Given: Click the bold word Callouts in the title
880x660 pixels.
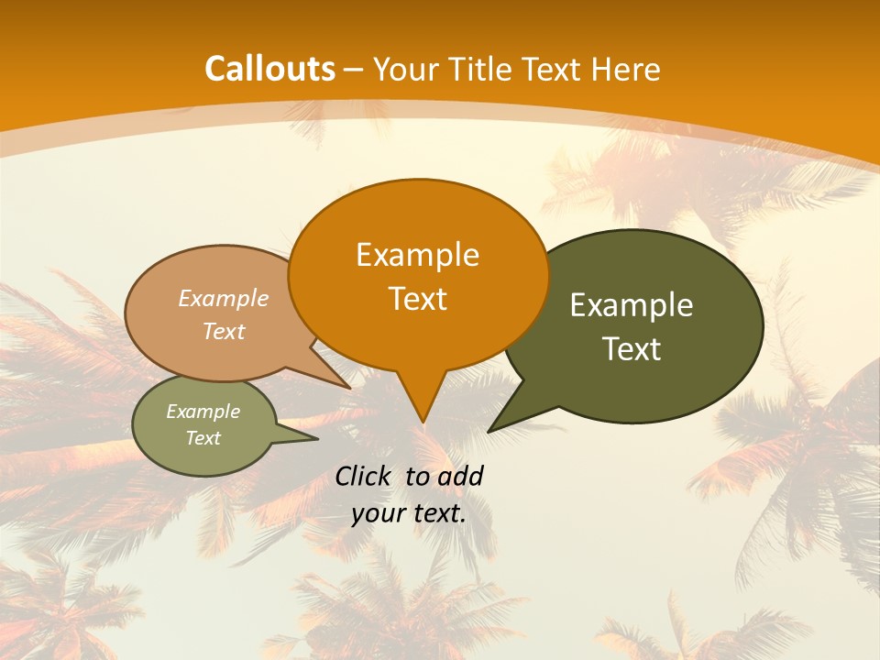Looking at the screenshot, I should click(269, 69).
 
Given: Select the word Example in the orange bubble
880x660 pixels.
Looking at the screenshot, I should click(417, 255).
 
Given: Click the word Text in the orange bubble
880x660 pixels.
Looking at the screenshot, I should click(417, 299).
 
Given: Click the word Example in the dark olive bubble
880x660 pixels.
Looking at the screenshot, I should click(632, 305).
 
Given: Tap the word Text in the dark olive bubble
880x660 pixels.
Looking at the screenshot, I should click(632, 349).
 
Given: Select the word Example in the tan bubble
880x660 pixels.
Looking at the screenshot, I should click(224, 299).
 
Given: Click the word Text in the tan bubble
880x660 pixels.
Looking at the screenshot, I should click(224, 331).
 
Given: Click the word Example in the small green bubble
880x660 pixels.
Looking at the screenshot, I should click(203, 412).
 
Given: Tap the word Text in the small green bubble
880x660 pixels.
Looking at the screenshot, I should click(203, 438).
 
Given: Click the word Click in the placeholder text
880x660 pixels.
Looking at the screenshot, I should click(365, 476).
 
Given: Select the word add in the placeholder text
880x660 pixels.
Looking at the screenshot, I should click(461, 476).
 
